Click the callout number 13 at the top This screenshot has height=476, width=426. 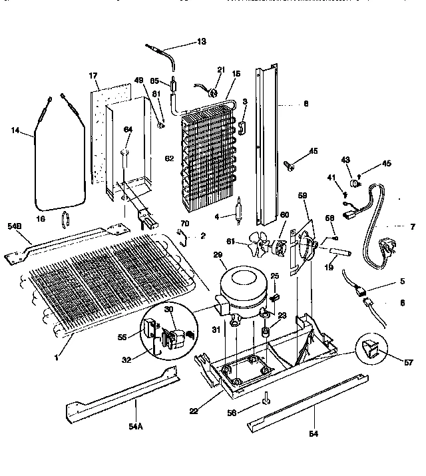click(x=201, y=41)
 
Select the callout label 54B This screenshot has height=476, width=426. click(x=15, y=226)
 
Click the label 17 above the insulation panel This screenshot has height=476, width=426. click(x=93, y=76)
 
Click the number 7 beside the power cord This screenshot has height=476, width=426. click(x=412, y=227)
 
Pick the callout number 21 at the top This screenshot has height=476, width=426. click(x=221, y=69)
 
